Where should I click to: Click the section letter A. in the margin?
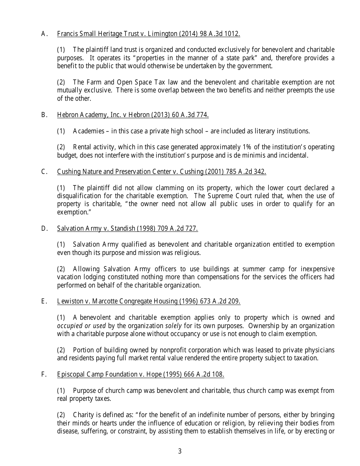44,34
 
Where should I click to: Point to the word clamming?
165,188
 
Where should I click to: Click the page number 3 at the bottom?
180,451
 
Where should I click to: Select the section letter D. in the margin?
44,228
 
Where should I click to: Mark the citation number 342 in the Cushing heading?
260,172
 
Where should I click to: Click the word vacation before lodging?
69,277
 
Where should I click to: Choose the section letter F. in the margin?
44,374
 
